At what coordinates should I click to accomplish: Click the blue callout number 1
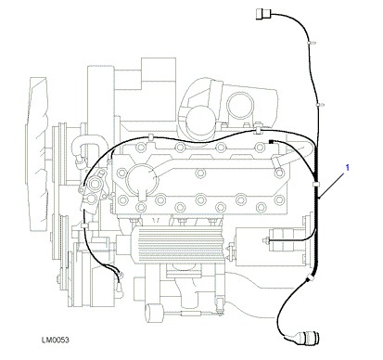348,168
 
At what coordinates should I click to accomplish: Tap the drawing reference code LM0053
56,341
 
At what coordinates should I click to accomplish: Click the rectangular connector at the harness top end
263,14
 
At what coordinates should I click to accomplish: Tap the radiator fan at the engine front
38,154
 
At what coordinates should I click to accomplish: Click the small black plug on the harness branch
272,142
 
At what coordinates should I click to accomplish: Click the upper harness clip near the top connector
311,42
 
